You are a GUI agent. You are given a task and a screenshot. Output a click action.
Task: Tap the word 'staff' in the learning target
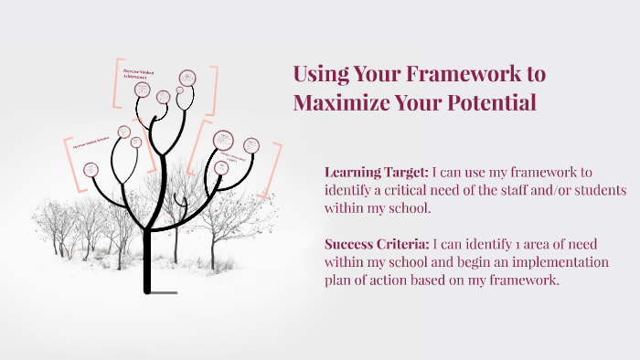(521, 190)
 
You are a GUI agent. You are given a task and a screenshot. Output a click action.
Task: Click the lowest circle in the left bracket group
(91, 169)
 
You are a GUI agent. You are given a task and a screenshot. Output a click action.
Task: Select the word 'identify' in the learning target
(350, 190)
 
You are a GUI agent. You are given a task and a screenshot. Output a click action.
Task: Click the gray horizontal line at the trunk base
(165, 293)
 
